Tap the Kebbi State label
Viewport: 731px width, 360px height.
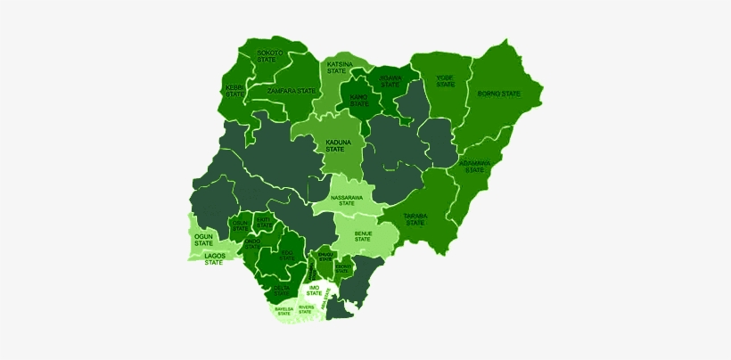tap(234, 90)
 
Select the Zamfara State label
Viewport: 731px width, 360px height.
tap(293, 91)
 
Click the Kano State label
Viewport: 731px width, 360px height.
tap(359, 100)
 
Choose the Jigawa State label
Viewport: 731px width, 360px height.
tap(390, 81)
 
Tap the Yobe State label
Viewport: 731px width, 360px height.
tap(445, 81)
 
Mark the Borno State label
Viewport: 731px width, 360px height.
tap(498, 94)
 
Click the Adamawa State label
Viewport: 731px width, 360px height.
tap(474, 167)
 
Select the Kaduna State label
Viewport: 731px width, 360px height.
tap(336, 145)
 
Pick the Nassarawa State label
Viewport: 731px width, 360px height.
tap(347, 200)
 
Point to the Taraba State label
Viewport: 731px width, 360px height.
tap(415, 219)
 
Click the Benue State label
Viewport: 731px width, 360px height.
tap(363, 236)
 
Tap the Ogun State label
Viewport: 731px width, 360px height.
tap(204, 240)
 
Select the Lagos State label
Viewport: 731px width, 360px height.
tap(213, 259)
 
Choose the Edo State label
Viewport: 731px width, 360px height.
tap(286, 256)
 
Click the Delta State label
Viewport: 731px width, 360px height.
tap(281, 290)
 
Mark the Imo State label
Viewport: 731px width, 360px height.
tap(313, 290)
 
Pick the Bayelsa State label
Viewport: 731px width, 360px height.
tap(283, 311)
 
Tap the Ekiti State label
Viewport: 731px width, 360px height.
tap(262, 220)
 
